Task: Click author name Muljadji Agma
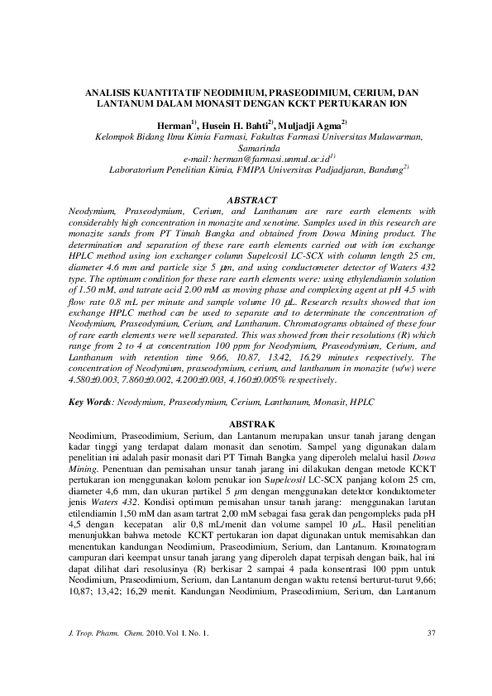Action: (x=307, y=125)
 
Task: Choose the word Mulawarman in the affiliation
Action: (x=391, y=136)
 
